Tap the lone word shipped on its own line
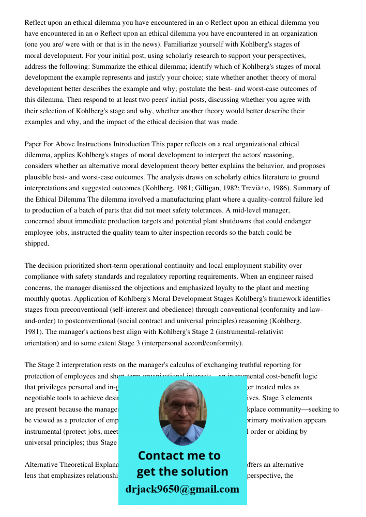tap(37, 243)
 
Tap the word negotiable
tap(42, 398)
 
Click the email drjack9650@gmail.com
tap(182, 489)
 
